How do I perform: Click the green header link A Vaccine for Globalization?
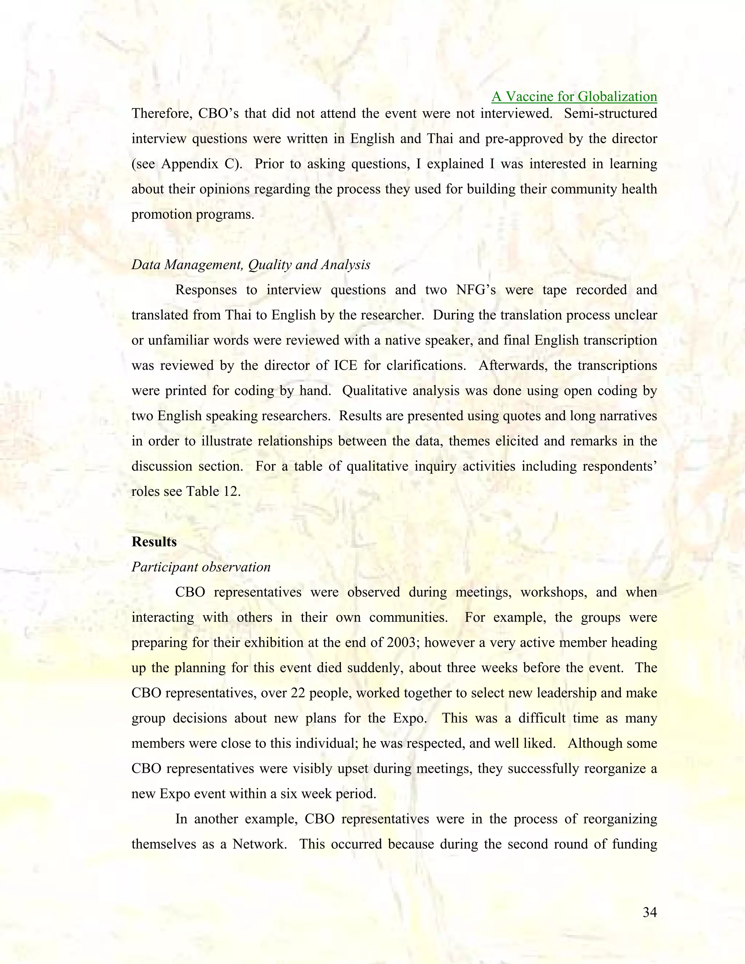coord(574,96)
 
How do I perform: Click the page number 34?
coord(650,912)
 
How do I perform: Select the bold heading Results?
coord(154,542)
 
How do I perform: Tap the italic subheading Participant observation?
coord(201,567)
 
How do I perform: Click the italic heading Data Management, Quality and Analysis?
coord(251,264)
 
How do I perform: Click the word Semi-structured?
coord(610,113)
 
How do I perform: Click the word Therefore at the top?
coord(162,113)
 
